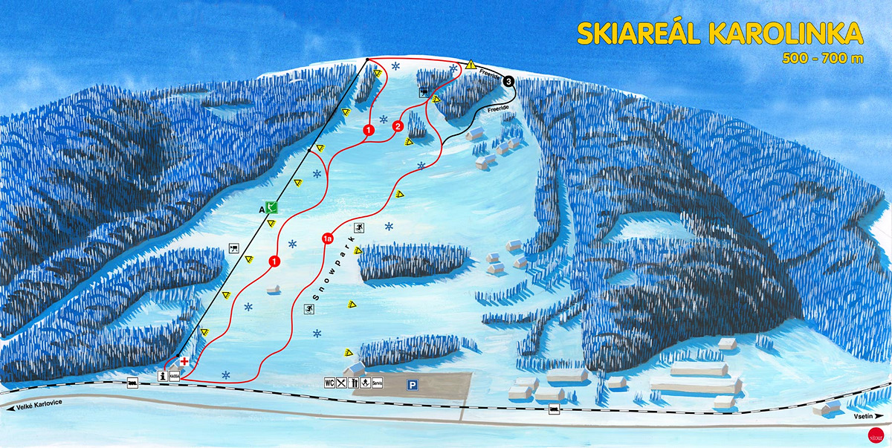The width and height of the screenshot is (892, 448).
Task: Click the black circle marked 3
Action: pyautogui.click(x=508, y=81)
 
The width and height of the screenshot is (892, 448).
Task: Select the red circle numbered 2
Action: pyautogui.click(x=398, y=126)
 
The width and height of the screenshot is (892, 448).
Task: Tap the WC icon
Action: pyautogui.click(x=329, y=383)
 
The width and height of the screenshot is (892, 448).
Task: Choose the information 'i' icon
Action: pyautogui.click(x=164, y=376)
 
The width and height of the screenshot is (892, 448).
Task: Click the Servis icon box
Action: pyautogui.click(x=377, y=383)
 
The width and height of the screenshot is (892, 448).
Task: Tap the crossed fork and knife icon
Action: pyautogui.click(x=340, y=383)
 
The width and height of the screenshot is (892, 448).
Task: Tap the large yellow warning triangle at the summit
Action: pyautogui.click(x=471, y=65)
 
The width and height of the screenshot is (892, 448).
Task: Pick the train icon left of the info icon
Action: pyautogui.click(x=133, y=383)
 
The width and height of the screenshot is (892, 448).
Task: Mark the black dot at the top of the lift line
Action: pyautogui.click(x=367, y=59)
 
